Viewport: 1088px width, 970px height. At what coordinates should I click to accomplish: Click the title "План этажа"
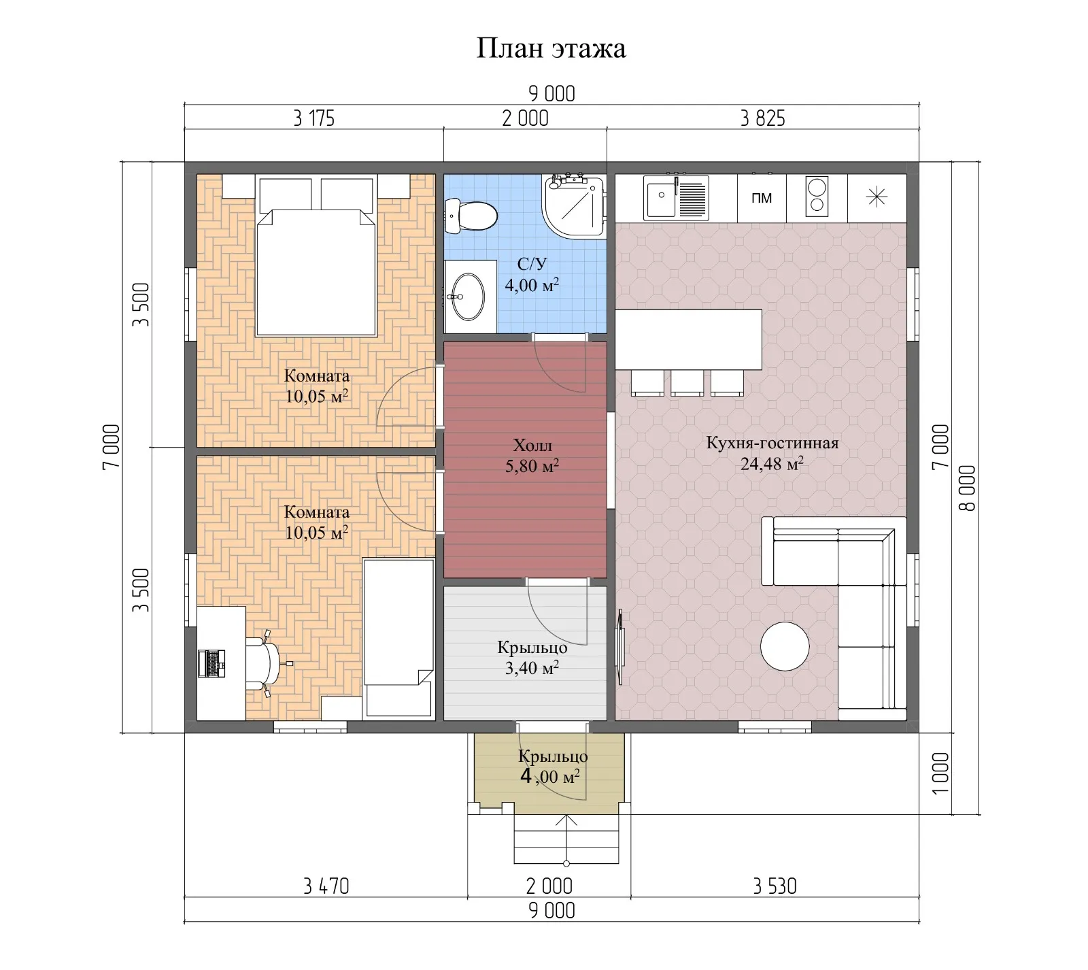[551, 49]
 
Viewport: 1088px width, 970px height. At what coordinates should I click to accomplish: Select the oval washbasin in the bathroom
[469, 296]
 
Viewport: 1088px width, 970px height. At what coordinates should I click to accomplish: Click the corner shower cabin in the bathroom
[574, 207]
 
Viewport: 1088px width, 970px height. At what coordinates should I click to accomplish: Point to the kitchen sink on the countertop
[677, 198]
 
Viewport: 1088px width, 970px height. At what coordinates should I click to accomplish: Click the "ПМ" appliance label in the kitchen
[762, 198]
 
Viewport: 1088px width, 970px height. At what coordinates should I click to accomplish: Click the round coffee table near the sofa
[785, 647]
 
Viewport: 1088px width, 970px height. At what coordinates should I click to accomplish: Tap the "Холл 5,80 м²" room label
[532, 456]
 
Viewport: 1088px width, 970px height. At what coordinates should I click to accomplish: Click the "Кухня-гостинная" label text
[772, 444]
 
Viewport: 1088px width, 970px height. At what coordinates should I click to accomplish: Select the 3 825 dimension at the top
[762, 118]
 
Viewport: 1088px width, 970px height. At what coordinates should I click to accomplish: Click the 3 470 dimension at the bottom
[326, 886]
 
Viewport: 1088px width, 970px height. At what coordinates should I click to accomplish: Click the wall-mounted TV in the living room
[621, 646]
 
